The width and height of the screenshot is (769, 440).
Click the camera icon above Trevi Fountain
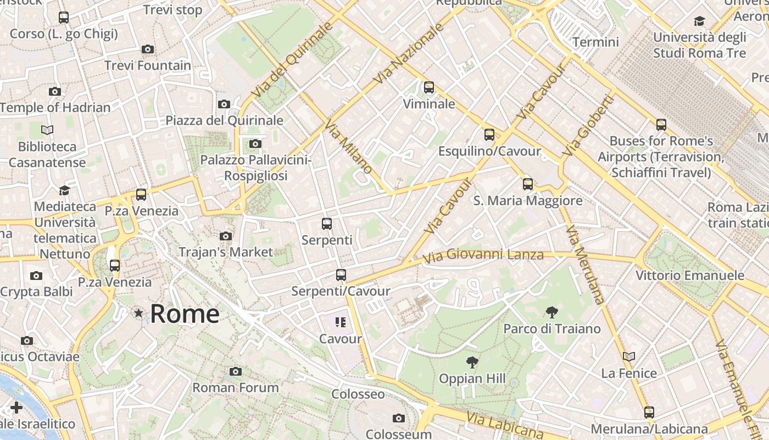[x=147, y=50]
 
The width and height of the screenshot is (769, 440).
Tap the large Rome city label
[x=185, y=314]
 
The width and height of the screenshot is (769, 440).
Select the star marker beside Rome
[x=138, y=313]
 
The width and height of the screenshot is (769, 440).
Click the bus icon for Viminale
[x=429, y=87]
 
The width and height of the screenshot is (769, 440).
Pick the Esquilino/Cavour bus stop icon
[x=489, y=135]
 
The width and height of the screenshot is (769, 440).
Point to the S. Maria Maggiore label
[x=528, y=201]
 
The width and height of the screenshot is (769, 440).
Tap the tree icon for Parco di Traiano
[x=551, y=313]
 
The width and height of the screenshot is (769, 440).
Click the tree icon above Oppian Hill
[x=472, y=362]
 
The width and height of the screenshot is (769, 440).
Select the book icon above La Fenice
[x=629, y=357]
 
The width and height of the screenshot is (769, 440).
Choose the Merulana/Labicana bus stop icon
[x=649, y=413]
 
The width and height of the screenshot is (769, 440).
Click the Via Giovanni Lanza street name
[x=483, y=255]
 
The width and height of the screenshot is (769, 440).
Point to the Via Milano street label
[x=348, y=147]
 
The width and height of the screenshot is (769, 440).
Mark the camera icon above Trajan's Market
[x=225, y=237]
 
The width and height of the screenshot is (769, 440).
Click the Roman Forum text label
[x=236, y=388]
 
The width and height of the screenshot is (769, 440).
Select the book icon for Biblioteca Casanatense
[x=47, y=130]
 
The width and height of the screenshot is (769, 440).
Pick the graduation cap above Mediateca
[x=64, y=190]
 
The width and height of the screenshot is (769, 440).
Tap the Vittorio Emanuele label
[x=690, y=275]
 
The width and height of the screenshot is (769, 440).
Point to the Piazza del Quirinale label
[x=225, y=120]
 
